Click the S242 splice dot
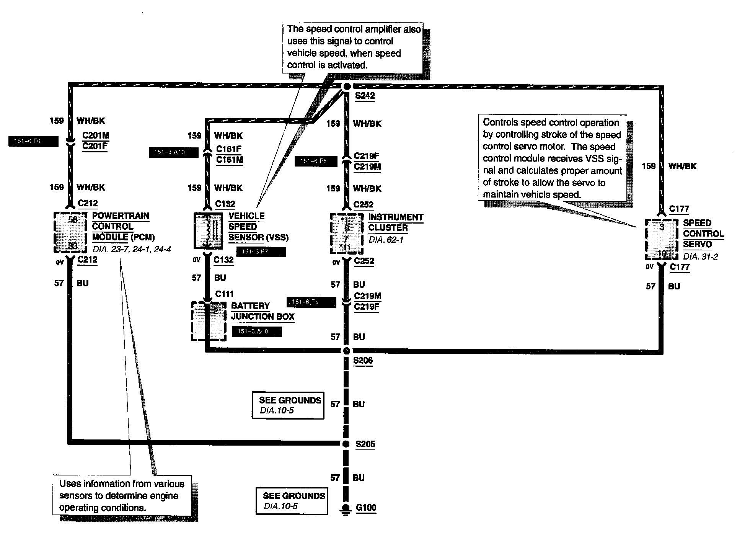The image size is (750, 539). [346, 87]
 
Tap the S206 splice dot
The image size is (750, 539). [346, 351]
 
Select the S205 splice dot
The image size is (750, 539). [346, 444]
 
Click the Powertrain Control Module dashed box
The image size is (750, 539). [70, 232]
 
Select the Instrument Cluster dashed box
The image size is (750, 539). [346, 234]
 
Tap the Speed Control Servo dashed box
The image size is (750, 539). [661, 239]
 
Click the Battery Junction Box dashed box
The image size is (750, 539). [207, 321]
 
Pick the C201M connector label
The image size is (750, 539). [96, 136]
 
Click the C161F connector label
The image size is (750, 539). [229, 149]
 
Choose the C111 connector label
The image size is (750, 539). [224, 294]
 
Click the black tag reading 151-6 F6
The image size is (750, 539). [33, 142]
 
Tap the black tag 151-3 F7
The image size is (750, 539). [261, 252]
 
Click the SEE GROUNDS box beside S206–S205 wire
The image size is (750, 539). [288, 405]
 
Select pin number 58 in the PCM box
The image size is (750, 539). [73, 220]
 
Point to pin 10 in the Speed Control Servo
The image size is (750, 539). [662, 253]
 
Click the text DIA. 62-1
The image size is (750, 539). [386, 240]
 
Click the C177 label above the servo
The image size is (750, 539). [679, 209]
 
